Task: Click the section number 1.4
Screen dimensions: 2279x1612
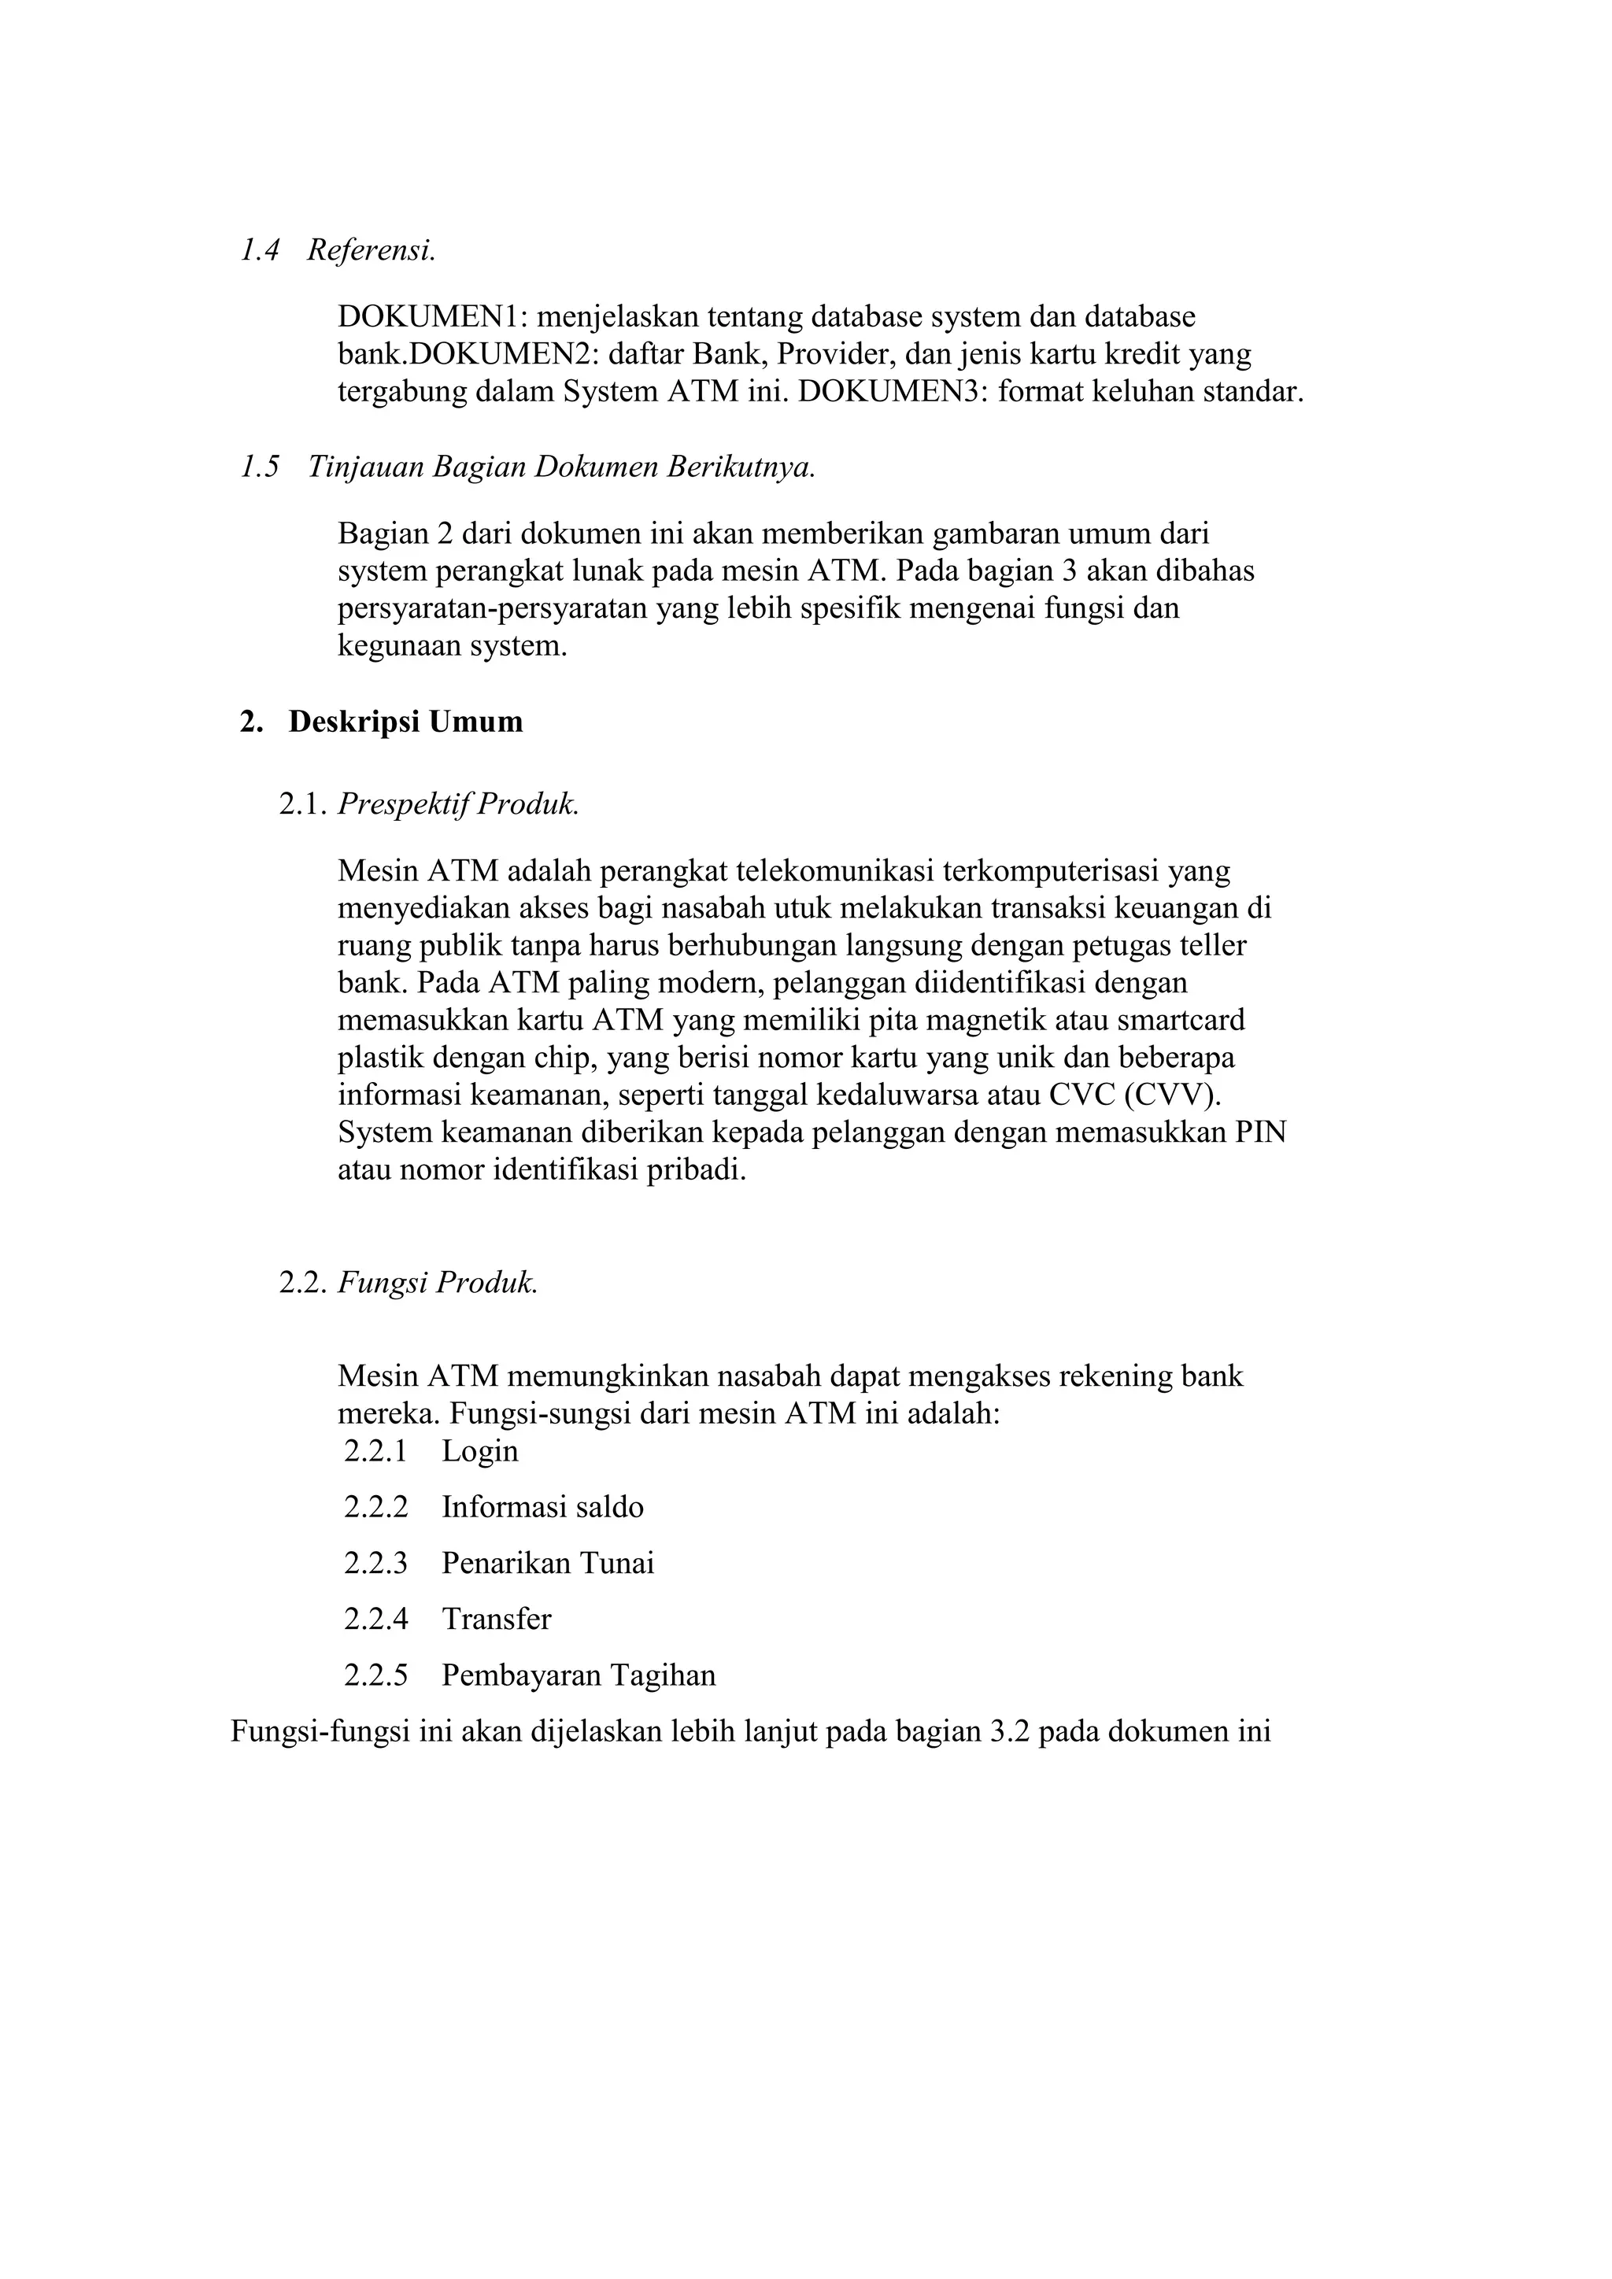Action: pyautogui.click(x=260, y=250)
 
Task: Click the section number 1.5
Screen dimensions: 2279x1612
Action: pyautogui.click(x=260, y=467)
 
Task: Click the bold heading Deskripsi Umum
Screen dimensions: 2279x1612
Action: pyautogui.click(x=405, y=722)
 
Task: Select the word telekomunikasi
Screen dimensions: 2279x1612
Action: pyautogui.click(x=836, y=870)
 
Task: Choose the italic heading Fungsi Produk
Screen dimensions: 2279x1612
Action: pyautogui.click(x=438, y=1283)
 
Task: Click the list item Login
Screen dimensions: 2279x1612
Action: pyautogui.click(x=480, y=1451)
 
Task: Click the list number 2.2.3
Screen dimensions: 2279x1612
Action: pyautogui.click(x=375, y=1564)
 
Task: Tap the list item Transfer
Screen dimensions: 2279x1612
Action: pyautogui.click(x=497, y=1619)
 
